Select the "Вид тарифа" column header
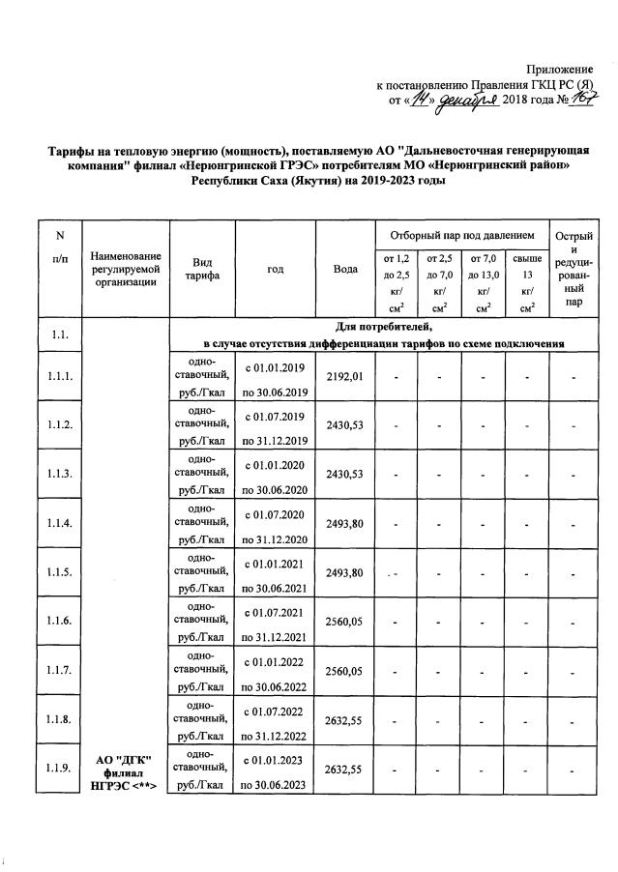click(x=202, y=269)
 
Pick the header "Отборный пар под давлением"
click(x=461, y=235)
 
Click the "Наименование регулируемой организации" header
click(x=126, y=269)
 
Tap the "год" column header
click(x=275, y=269)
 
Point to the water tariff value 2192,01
click(x=345, y=377)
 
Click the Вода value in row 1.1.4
click(x=345, y=524)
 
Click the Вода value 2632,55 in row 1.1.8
click(x=345, y=720)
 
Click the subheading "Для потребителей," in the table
click(x=382, y=329)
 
